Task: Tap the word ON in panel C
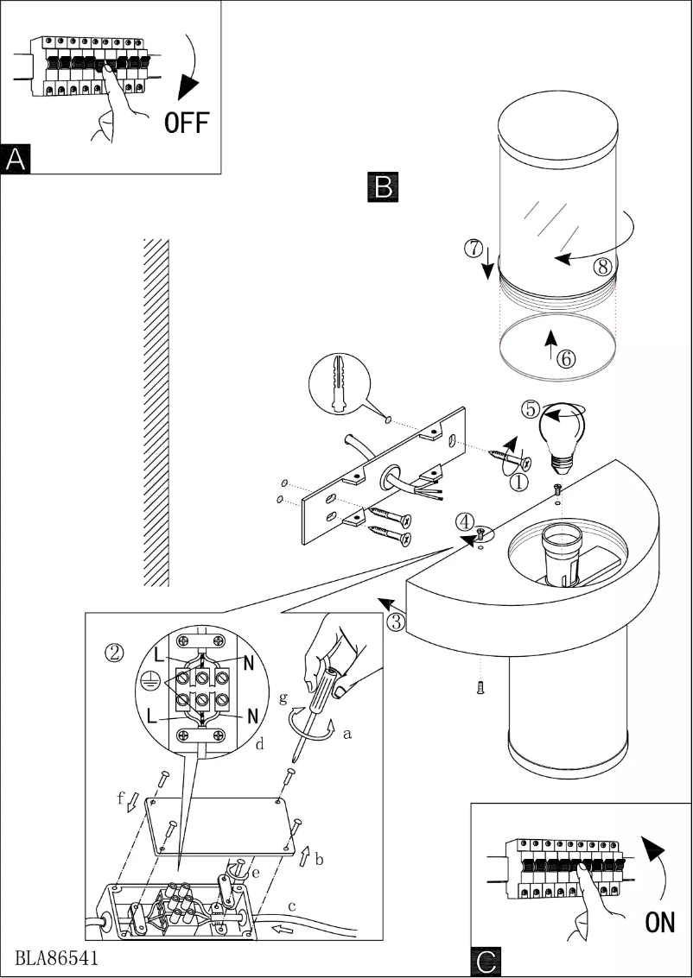coord(660,923)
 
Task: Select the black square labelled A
coord(16,159)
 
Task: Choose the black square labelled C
coord(486,962)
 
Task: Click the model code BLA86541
coord(55,958)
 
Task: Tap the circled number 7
coord(473,249)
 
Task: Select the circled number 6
coord(566,358)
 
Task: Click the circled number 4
coord(466,521)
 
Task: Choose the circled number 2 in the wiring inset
coord(114,652)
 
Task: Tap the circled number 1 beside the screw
coord(518,483)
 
